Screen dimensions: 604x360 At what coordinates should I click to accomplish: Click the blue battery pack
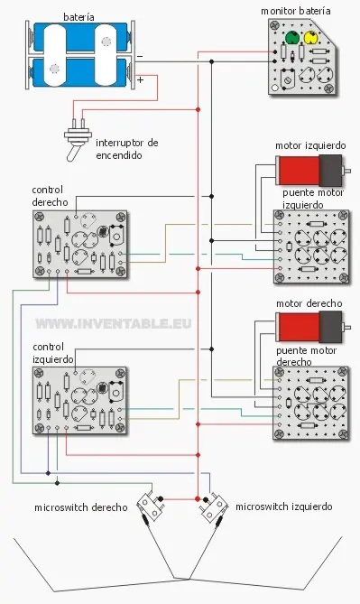83,58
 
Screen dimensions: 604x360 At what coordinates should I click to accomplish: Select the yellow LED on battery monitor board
313,39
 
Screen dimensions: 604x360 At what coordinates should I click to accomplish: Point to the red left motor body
299,169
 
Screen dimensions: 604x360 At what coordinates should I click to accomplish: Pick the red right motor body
299,326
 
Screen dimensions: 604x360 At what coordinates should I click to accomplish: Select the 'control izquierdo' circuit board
80,398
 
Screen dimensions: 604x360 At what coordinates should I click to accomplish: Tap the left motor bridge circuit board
310,240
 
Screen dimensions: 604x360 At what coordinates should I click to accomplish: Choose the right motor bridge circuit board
310,402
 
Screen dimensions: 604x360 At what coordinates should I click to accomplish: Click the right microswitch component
149,505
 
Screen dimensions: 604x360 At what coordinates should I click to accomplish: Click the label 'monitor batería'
295,11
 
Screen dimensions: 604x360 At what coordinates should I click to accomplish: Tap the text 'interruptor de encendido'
126,149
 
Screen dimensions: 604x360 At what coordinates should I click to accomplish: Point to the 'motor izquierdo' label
309,145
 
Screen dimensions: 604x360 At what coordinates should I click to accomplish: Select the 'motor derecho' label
309,304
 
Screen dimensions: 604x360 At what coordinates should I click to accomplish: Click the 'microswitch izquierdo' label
283,507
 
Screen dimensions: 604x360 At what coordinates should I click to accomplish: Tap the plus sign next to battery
139,79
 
